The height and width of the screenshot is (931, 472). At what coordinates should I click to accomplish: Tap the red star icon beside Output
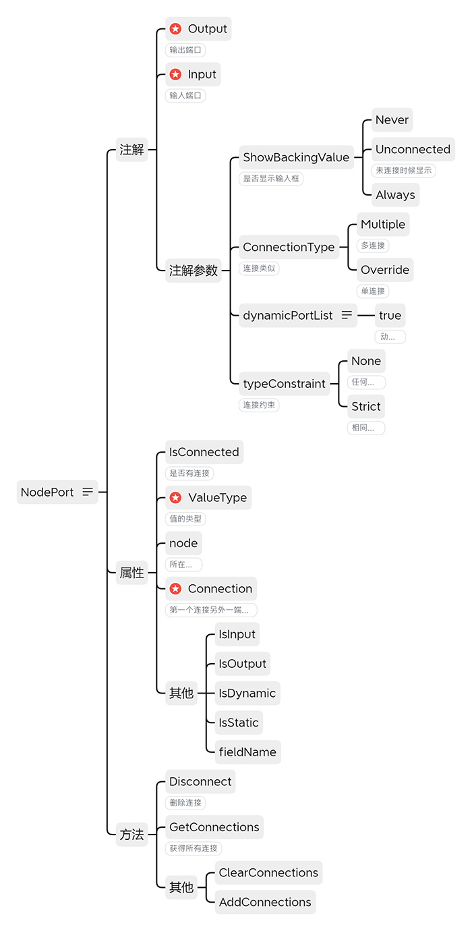point(175,29)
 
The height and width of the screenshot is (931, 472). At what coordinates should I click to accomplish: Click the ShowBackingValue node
point(296,157)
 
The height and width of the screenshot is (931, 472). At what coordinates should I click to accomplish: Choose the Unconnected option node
point(413,150)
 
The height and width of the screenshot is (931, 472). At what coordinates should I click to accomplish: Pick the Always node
point(395,195)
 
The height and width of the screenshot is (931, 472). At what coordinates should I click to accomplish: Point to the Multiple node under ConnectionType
point(383,225)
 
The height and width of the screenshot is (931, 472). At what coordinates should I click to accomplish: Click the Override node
point(384,270)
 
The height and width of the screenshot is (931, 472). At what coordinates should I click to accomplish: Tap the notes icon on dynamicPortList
point(347,315)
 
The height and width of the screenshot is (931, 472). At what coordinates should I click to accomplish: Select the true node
point(390,315)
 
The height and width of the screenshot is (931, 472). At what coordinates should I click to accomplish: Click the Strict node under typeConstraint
point(365,406)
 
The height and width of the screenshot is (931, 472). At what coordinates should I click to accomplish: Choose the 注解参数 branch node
point(194,271)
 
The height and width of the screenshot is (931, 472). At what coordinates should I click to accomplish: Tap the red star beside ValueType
point(175,498)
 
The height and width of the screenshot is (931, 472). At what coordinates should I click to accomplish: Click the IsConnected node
point(204,452)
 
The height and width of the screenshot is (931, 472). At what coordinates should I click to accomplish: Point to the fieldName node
point(247,752)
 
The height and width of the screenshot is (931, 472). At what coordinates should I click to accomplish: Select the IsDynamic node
point(247,694)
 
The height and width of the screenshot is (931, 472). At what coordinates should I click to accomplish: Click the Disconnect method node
point(200,782)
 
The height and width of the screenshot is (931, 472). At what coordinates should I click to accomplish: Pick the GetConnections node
point(214,827)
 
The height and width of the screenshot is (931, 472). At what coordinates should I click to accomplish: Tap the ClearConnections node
point(268,873)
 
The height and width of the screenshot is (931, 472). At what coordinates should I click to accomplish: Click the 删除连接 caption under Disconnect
point(185,803)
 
